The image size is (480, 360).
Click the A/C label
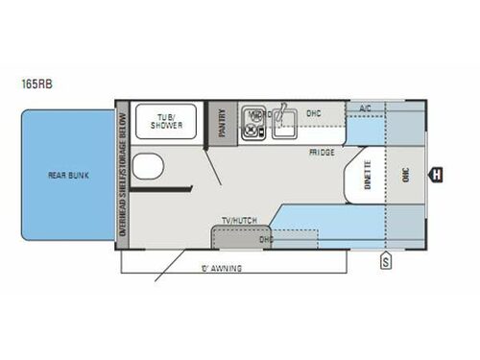365,109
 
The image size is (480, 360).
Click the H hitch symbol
436,174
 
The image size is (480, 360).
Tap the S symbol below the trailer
385,259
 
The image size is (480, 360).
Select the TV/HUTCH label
236,221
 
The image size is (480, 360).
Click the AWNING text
223,265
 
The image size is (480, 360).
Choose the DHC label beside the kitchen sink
314,113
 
